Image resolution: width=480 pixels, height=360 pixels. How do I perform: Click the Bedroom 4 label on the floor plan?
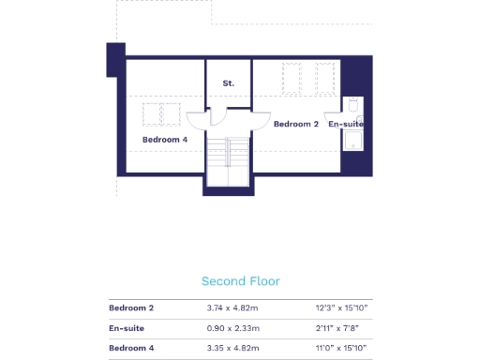[165, 140]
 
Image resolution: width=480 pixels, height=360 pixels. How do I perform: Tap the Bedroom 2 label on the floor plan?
[296, 124]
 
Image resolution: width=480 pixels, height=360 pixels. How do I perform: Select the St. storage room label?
[228, 83]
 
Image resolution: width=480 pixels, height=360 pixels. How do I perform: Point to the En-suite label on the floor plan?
[345, 124]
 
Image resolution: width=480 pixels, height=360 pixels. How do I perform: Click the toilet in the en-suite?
[353, 104]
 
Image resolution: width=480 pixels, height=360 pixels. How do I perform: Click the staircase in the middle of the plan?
[229, 161]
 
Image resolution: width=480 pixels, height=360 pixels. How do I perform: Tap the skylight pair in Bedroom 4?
[161, 113]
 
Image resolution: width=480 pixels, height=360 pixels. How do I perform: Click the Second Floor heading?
[240, 281]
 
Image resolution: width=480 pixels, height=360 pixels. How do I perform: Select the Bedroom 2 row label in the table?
[131, 307]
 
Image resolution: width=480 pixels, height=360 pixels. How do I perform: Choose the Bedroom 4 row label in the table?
[131, 349]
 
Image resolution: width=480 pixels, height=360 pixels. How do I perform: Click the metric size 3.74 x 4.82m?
[232, 307]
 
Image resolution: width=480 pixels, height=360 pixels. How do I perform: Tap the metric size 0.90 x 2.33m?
[232, 328]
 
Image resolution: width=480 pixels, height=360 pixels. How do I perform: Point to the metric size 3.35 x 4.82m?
[232, 349]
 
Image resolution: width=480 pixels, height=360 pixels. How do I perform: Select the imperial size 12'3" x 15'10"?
[343, 307]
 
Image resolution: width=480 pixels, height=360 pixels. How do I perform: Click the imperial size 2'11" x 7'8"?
[345, 328]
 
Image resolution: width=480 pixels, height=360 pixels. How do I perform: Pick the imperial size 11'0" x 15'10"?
[343, 349]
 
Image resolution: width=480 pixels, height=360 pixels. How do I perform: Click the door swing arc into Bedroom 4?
[197, 120]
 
